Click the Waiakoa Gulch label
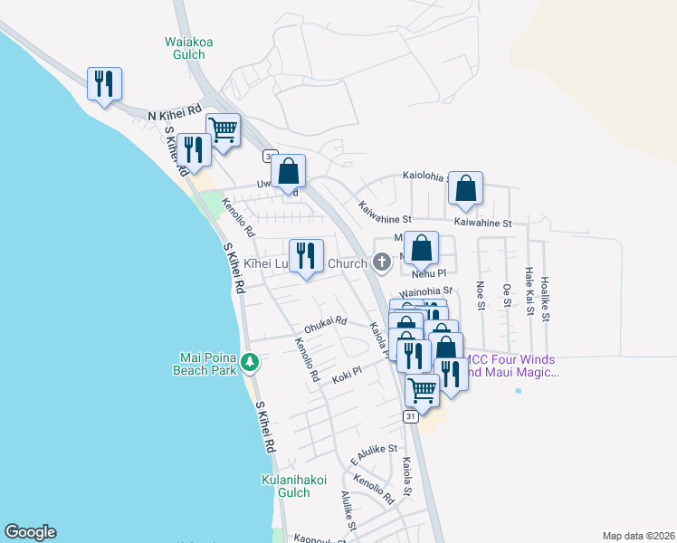[x=185, y=47]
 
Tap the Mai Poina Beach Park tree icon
[x=251, y=363]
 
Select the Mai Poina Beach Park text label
[x=206, y=363]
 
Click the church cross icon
[x=382, y=263]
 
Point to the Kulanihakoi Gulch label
[x=293, y=486]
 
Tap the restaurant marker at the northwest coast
[x=104, y=84]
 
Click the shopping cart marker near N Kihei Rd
[x=222, y=129]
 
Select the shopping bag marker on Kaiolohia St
[x=465, y=187]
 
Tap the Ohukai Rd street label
[x=326, y=324]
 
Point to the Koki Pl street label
[x=347, y=373]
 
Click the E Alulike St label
[x=374, y=449]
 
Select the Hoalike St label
[x=544, y=299]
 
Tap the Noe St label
[x=481, y=298]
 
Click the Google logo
[x=30, y=532]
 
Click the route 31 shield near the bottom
[x=411, y=416]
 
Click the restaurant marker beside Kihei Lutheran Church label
[x=306, y=256]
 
